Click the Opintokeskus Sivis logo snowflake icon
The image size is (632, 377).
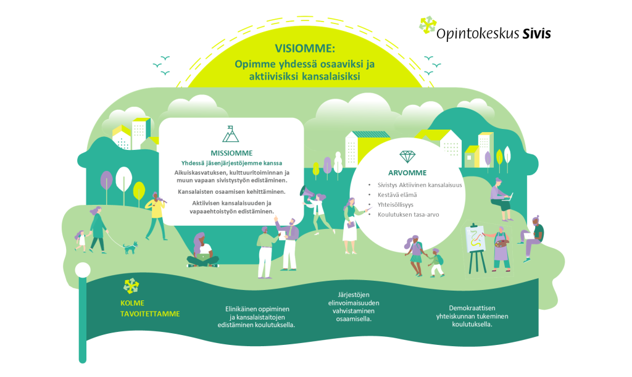(426, 25)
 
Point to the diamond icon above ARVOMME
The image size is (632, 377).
(407, 157)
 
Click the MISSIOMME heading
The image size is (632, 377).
(231, 153)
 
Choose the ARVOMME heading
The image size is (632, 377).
(407, 173)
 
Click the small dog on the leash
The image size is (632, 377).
(130, 247)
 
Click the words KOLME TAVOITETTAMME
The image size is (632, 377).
(150, 309)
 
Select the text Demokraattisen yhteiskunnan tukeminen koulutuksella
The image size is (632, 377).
(472, 316)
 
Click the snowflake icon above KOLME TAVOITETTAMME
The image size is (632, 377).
(131, 285)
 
